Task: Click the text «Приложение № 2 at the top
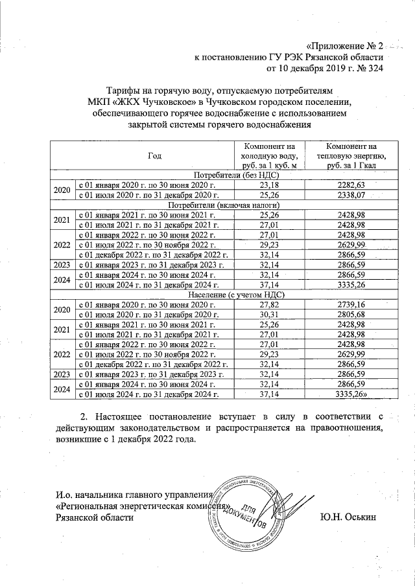pyautogui.click(x=344, y=46)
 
